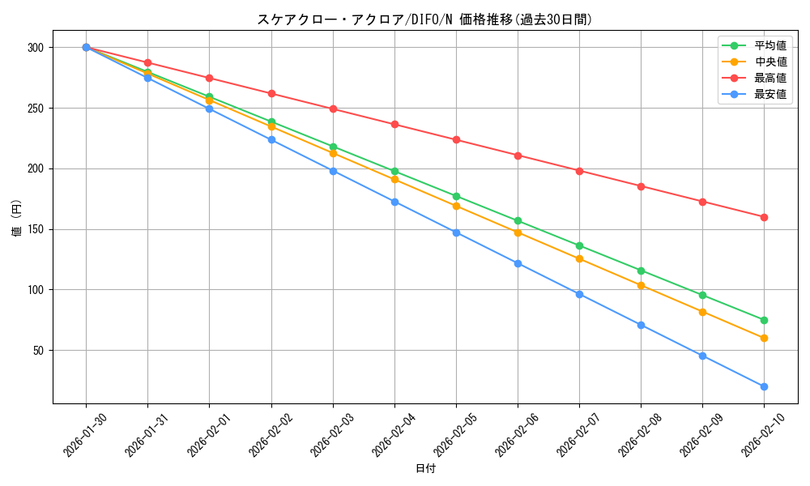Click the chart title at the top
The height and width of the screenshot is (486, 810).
(x=424, y=19)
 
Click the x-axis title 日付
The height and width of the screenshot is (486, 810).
(x=424, y=469)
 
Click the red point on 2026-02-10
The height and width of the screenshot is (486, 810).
(x=764, y=217)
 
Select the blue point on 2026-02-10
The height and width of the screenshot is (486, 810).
(x=764, y=386)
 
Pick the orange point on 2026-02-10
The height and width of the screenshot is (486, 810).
(x=764, y=338)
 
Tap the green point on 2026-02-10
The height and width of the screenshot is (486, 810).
(x=764, y=320)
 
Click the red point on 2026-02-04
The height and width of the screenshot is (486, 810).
(x=394, y=124)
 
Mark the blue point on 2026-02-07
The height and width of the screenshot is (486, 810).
(x=579, y=294)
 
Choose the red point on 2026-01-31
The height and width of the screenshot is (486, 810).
(x=147, y=62)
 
